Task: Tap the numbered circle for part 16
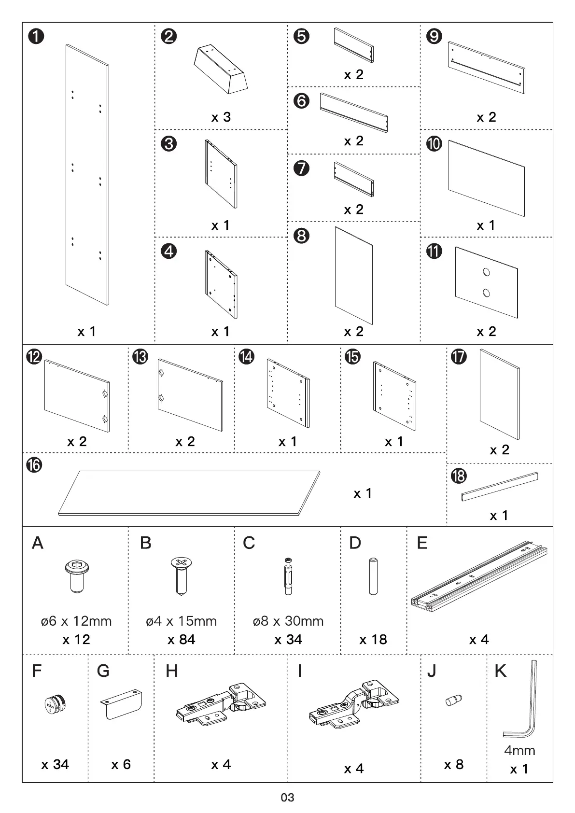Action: click(34, 465)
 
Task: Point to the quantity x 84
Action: click(182, 640)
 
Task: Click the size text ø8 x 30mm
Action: click(288, 621)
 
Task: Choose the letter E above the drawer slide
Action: click(422, 543)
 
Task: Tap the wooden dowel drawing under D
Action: click(373, 576)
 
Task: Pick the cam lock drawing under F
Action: click(56, 704)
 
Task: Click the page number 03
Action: click(287, 797)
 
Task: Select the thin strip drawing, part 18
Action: click(500, 486)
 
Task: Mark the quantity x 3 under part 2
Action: click(221, 117)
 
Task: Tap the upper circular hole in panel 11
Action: click(487, 272)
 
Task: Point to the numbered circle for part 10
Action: click(434, 143)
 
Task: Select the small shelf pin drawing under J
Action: click(454, 699)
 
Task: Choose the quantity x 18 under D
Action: click(373, 640)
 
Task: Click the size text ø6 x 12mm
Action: click(76, 621)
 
